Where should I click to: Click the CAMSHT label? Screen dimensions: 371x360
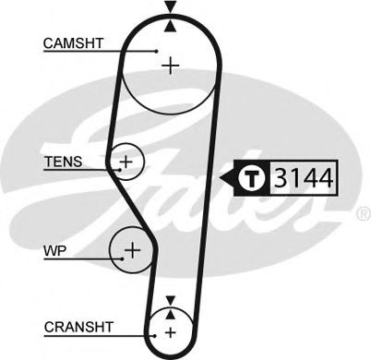(x=73, y=43)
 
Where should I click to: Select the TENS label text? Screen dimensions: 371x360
(x=64, y=162)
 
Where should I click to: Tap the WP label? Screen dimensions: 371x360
(x=54, y=251)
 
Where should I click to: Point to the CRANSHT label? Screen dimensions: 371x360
(x=78, y=327)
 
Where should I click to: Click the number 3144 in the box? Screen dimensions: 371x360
(x=304, y=178)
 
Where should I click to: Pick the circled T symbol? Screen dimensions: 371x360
(x=252, y=178)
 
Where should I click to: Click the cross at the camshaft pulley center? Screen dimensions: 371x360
(x=170, y=66)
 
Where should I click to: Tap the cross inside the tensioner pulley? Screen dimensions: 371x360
(x=126, y=162)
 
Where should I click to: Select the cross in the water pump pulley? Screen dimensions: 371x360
(x=133, y=249)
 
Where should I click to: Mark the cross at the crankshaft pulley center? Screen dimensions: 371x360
(x=170, y=332)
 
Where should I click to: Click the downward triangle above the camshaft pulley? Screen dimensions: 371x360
(x=170, y=6)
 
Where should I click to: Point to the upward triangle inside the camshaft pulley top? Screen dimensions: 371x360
(x=170, y=26)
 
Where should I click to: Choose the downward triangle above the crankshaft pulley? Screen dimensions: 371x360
(x=170, y=300)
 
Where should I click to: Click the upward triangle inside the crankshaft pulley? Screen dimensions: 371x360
(x=170, y=314)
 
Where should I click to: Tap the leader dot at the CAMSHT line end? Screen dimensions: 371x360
(x=157, y=51)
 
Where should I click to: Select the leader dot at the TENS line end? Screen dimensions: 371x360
(x=120, y=170)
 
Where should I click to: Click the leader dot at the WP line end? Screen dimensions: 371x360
(x=123, y=258)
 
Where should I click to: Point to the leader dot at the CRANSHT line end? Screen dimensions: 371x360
(x=155, y=335)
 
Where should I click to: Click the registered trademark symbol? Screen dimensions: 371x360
(x=365, y=214)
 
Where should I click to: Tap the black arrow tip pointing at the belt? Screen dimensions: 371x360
(x=221, y=178)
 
